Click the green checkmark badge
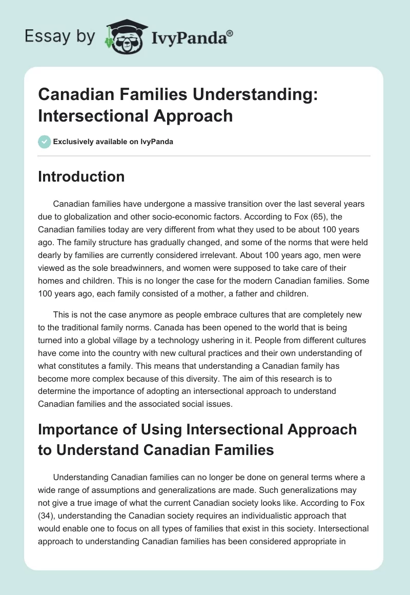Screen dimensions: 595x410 [x=45, y=142]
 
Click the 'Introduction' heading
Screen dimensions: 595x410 [x=81, y=176]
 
